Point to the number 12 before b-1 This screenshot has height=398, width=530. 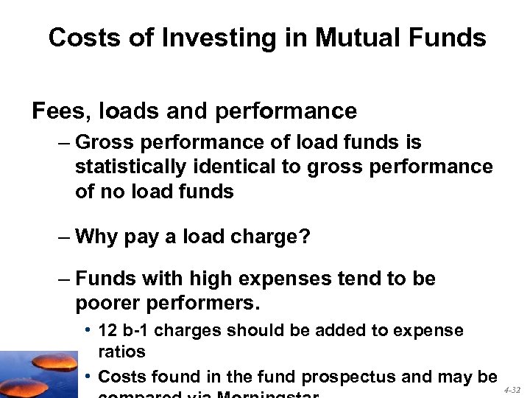(x=107, y=331)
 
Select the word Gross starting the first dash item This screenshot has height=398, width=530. (x=105, y=142)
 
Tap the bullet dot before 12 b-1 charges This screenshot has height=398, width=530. (x=88, y=331)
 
